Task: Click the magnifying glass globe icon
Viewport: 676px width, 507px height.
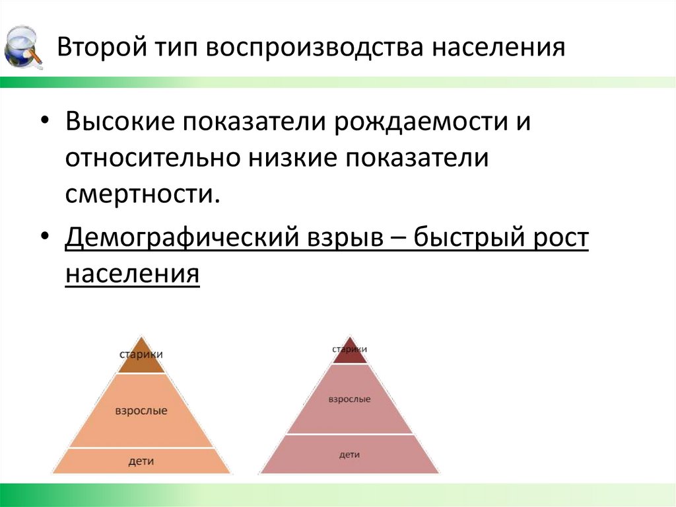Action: coord(23,46)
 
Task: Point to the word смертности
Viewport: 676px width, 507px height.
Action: coord(141,194)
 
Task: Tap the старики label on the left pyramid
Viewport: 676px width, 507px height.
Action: coord(141,354)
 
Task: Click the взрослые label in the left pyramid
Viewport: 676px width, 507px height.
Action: coord(141,410)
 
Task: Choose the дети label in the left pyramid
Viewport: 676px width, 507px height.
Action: coord(141,461)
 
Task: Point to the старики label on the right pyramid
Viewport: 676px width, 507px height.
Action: coord(349,348)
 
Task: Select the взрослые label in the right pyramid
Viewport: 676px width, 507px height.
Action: coord(349,399)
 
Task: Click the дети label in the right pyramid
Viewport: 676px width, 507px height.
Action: coord(349,455)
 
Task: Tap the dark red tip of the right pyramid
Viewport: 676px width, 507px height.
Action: coord(349,358)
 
